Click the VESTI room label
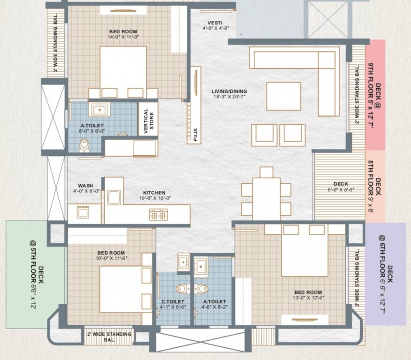click(x=215, y=23)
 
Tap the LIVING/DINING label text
click(x=229, y=91)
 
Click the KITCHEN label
click(x=154, y=193)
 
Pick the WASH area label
click(x=85, y=186)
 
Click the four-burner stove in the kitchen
click(x=158, y=215)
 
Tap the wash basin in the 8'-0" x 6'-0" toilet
click(x=99, y=110)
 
